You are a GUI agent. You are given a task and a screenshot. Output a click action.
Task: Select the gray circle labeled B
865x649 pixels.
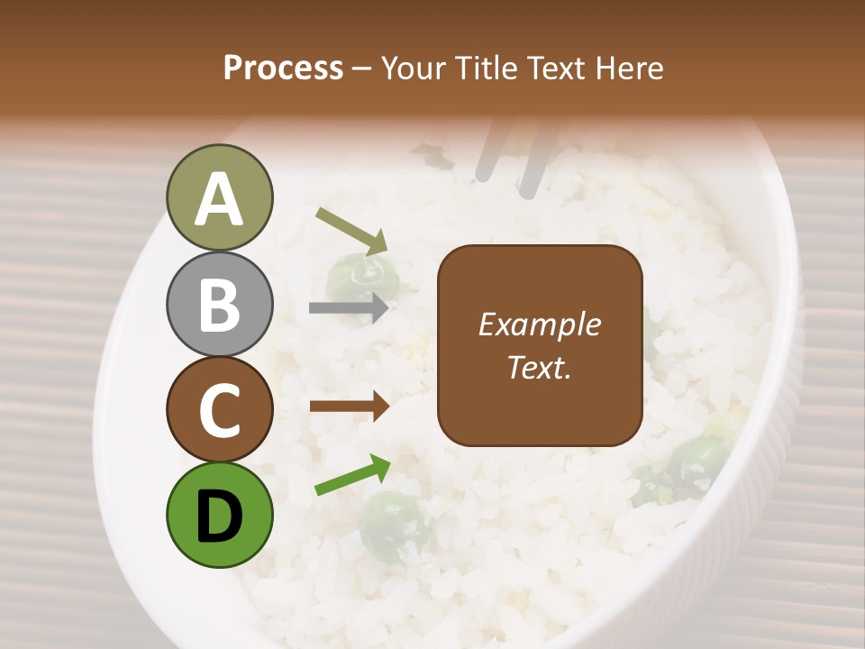pyautogui.click(x=220, y=304)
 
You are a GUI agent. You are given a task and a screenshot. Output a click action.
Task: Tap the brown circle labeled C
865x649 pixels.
pyautogui.click(x=220, y=409)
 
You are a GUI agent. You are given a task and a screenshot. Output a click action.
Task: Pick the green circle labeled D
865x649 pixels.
pyautogui.click(x=220, y=515)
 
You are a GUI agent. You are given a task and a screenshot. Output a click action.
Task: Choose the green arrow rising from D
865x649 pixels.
pyautogui.click(x=352, y=475)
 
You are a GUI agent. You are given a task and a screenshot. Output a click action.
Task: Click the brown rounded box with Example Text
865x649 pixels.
pyautogui.click(x=540, y=345)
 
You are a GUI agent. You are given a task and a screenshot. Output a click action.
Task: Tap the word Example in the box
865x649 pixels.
pyautogui.click(x=540, y=324)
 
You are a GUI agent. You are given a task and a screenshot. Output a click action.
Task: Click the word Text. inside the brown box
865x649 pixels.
pyautogui.click(x=540, y=368)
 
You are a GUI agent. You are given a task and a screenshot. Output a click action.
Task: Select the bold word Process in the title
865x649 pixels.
pyautogui.click(x=283, y=68)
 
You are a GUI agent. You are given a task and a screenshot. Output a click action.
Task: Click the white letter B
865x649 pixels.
pyautogui.click(x=220, y=304)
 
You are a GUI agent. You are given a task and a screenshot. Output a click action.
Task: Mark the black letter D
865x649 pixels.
pyautogui.click(x=220, y=516)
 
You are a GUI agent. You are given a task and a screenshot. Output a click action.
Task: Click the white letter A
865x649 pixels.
pyautogui.click(x=220, y=199)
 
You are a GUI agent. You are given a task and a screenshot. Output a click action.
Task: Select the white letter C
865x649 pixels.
pyautogui.click(x=220, y=410)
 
